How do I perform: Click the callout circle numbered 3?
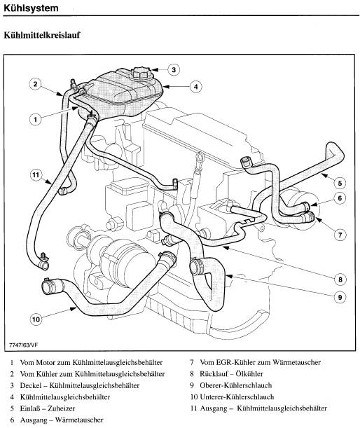click(x=174, y=70)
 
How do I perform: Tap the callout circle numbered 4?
click(x=195, y=87)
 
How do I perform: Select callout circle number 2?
click(x=35, y=84)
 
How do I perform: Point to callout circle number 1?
click(x=35, y=119)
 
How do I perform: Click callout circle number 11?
click(x=36, y=174)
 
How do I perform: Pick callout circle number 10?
click(x=36, y=319)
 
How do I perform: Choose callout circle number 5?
click(x=340, y=183)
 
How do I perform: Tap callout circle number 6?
click(x=340, y=198)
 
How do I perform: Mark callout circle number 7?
click(x=340, y=235)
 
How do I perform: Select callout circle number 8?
click(x=340, y=279)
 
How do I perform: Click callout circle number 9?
click(x=340, y=297)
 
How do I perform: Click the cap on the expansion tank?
click(x=141, y=73)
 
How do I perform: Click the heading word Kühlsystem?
click(x=31, y=8)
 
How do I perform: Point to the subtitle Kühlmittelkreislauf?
click(x=42, y=35)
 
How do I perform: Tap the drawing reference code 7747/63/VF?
click(x=24, y=345)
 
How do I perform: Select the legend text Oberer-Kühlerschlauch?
click(x=236, y=385)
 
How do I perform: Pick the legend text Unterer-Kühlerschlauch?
click(x=237, y=396)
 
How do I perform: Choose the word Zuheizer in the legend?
click(x=61, y=408)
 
